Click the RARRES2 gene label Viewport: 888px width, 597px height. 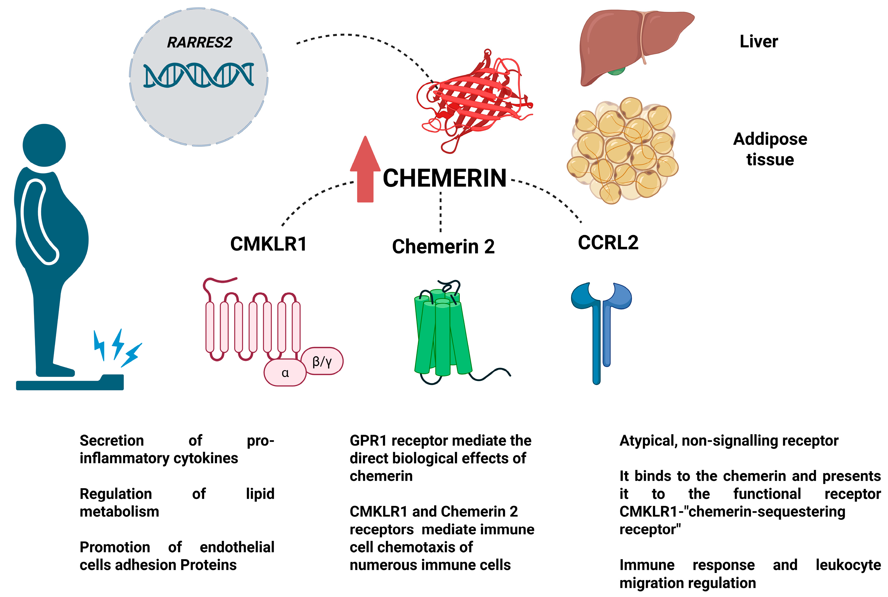tap(199, 42)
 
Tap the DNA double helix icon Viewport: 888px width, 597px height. tap(199, 75)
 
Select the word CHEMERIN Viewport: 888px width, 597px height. tap(444, 178)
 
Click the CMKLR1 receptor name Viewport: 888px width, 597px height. tap(268, 244)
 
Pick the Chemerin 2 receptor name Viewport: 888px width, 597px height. tap(443, 247)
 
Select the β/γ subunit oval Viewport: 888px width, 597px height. tap(322, 361)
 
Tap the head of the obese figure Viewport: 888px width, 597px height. tap(44, 145)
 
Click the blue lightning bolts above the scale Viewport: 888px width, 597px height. tap(117, 347)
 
